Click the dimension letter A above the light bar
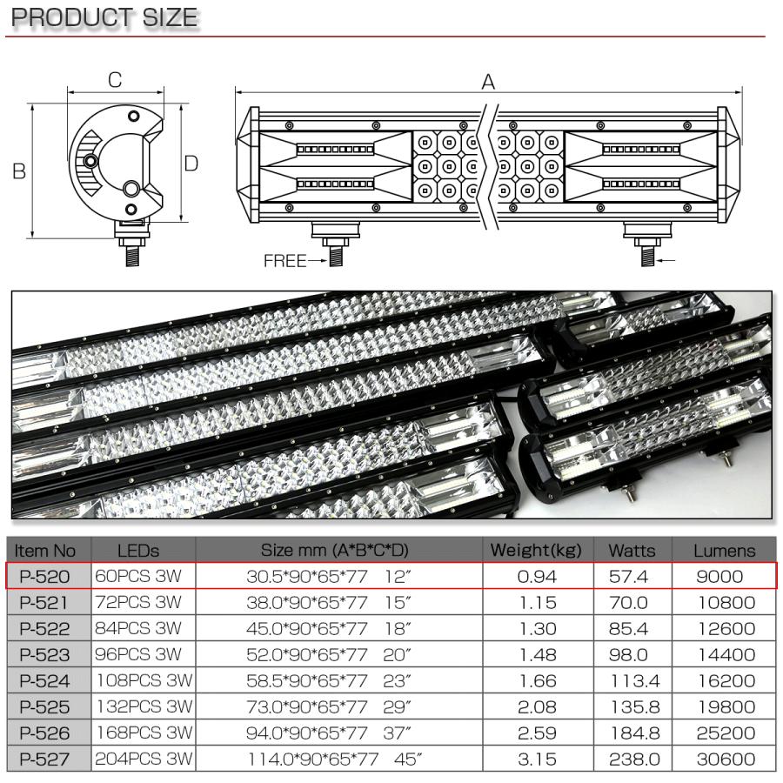pos(488,82)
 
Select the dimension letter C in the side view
pos(114,80)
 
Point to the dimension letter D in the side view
pos(191,164)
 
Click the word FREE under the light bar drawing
pos(284,261)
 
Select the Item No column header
pos(46,550)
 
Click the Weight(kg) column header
pos(536,550)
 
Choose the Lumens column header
pos(724,550)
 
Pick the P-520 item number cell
pos(46,576)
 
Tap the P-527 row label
pos(46,759)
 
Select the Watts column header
pos(632,550)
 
